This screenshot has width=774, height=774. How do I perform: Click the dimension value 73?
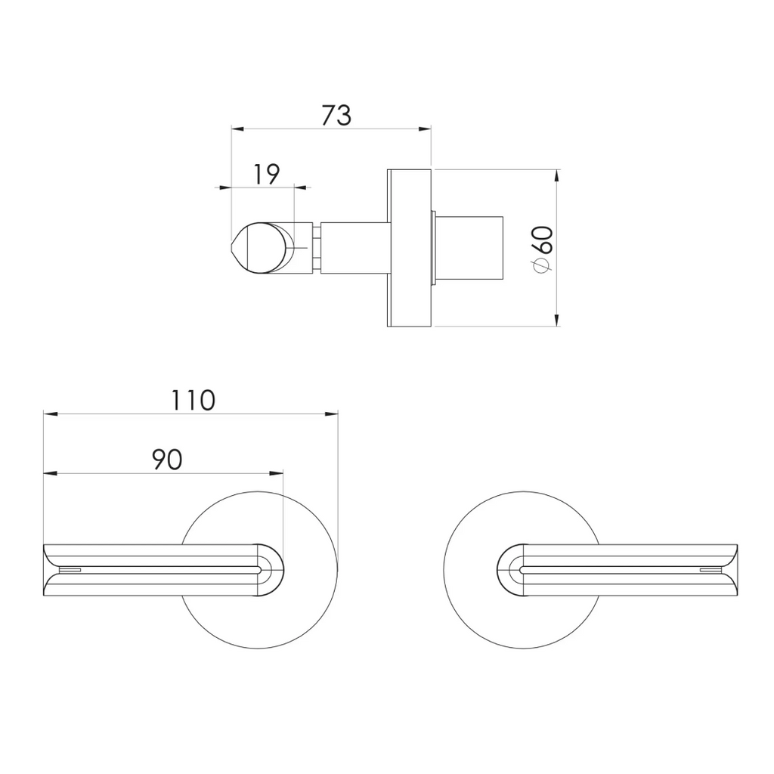point(336,115)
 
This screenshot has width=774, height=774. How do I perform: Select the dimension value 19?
point(265,174)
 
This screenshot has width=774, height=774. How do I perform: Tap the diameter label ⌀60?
point(543,247)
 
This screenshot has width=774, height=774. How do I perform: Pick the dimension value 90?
point(166,459)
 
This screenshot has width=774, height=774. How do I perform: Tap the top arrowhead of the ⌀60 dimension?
point(556,175)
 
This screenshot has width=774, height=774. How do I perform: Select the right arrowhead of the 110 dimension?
point(332,413)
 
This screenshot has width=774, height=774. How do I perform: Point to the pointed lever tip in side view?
point(233,248)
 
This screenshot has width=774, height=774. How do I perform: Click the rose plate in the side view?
point(409,248)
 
